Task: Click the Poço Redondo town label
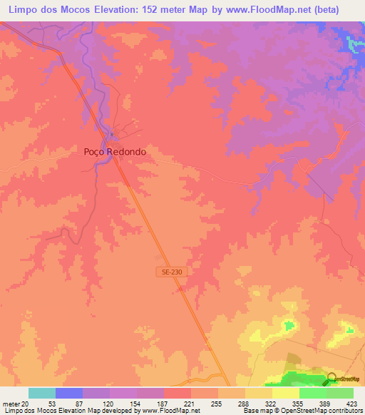[x=115, y=151]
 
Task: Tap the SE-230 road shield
[x=165, y=271]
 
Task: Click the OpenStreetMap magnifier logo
[x=332, y=379]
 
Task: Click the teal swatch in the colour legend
[x=42, y=393]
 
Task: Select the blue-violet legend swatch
[x=69, y=393]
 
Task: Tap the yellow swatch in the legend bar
[x=286, y=393]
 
